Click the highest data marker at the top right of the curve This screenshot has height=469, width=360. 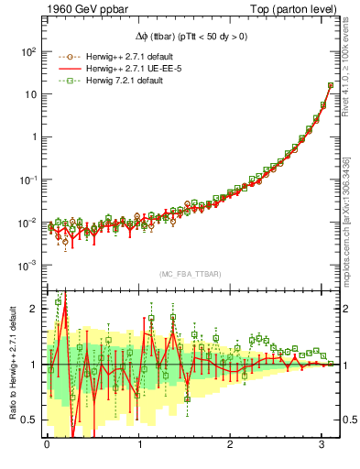click(x=331, y=86)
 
